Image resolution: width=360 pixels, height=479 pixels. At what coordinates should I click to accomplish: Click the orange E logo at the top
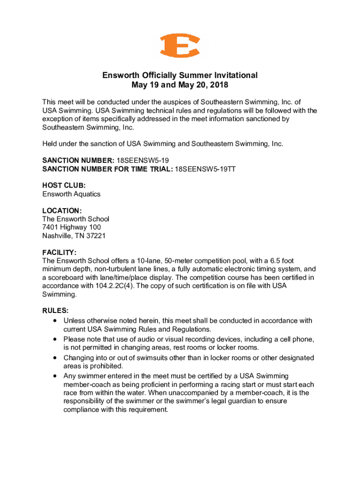pos(180,46)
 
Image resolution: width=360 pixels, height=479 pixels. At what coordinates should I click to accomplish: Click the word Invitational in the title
pos(234,75)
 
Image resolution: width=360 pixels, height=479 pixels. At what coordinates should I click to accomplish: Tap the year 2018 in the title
pos(218,86)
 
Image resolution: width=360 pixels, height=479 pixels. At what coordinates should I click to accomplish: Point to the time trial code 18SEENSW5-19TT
pos(205,169)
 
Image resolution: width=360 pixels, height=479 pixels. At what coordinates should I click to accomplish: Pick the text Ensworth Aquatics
pos(71,194)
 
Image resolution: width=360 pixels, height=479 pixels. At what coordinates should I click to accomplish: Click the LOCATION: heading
pos(62,210)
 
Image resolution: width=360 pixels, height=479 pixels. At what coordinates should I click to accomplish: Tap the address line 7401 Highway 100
pos(72,227)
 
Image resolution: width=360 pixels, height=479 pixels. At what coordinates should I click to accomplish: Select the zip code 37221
pos(96,236)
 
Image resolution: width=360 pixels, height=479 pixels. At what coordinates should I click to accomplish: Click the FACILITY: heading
pos(59,253)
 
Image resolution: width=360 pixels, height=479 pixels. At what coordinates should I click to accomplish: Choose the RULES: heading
pos(56,311)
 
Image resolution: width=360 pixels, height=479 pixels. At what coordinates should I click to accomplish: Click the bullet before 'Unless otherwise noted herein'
pos(56,321)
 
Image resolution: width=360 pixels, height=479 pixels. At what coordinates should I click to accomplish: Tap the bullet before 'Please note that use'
pos(56,339)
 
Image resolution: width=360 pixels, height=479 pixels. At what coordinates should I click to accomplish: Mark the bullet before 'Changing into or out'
pos(56,357)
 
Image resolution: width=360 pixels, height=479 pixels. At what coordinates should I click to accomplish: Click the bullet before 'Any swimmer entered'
pos(56,376)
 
